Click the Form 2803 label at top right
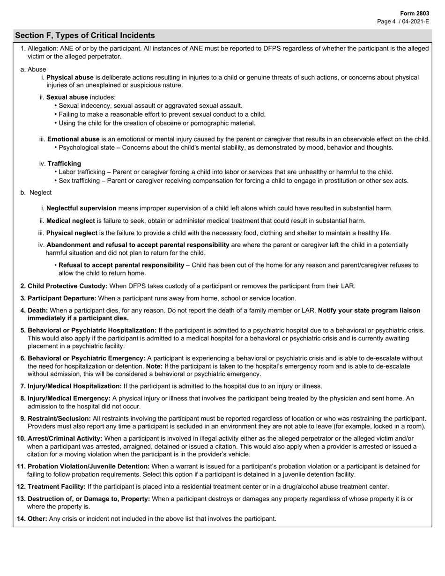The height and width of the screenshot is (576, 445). pyautogui.click(x=415, y=14)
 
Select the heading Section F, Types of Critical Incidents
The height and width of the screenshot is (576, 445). pyautogui.click(x=85, y=36)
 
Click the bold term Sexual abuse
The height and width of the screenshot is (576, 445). pyautogui.click(x=67, y=97)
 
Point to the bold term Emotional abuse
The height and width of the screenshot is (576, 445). pyautogui.click(x=73, y=139)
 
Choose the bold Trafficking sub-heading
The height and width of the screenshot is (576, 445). pyautogui.click(x=64, y=163)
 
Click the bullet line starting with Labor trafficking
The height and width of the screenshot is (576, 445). pyautogui.click(x=226, y=172)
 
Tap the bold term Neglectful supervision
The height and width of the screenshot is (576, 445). pyautogui.click(x=81, y=208)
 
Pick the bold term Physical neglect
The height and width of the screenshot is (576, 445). pyautogui.click(x=72, y=233)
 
